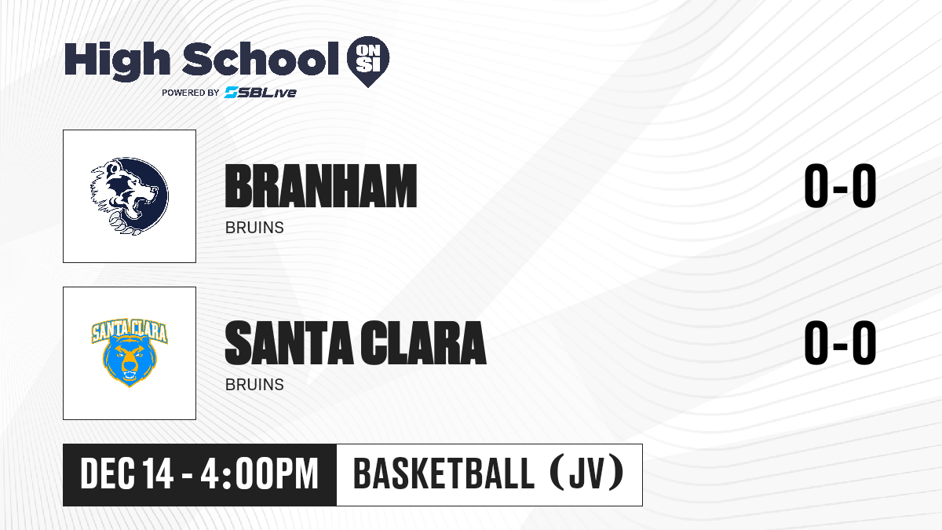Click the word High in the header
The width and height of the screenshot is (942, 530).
click(x=118, y=61)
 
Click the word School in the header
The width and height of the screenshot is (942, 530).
click(x=261, y=59)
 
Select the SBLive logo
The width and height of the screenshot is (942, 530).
click(x=261, y=92)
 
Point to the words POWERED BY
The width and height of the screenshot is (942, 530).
click(x=191, y=93)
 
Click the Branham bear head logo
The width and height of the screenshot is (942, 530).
click(x=130, y=196)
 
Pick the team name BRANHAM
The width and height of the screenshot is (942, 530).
click(x=321, y=186)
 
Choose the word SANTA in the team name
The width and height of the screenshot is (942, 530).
click(x=289, y=343)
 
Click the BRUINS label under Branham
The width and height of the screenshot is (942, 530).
click(x=254, y=228)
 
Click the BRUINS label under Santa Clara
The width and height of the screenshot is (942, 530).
click(x=254, y=385)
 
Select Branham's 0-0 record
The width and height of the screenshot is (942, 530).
click(x=840, y=186)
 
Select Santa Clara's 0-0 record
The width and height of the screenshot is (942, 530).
click(x=840, y=343)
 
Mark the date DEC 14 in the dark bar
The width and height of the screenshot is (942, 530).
click(x=126, y=474)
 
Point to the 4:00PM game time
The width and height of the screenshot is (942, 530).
click(x=259, y=474)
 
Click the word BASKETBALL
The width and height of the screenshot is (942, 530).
click(x=444, y=474)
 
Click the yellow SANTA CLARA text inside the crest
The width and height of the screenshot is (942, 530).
click(x=130, y=331)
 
